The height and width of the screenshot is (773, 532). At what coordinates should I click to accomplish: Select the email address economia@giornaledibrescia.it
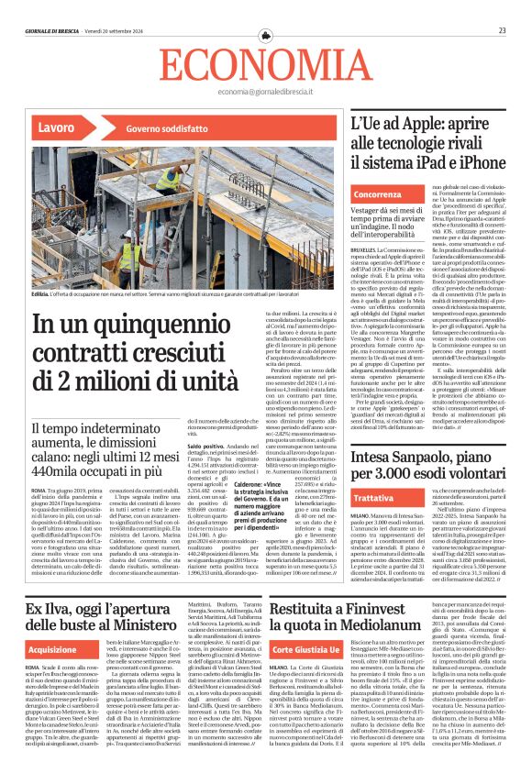[x=265, y=92]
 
